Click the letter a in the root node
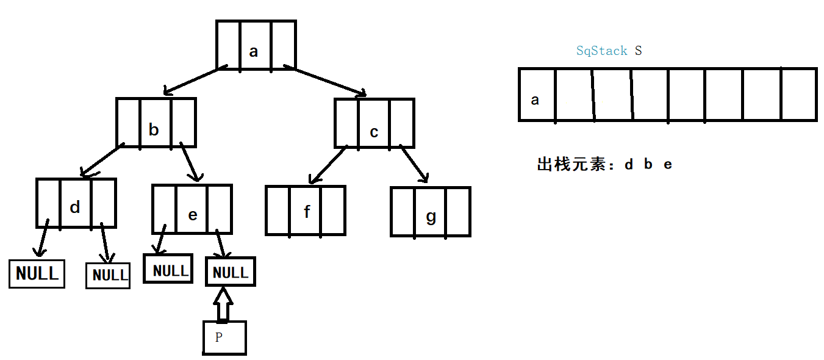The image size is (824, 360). (254, 51)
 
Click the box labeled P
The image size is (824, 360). (224, 337)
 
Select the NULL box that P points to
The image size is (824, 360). (231, 272)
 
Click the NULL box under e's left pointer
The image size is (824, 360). (168, 269)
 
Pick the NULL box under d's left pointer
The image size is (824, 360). (37, 273)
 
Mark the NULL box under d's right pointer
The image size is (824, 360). (108, 275)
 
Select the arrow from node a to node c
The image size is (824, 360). (329, 82)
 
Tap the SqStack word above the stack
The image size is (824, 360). (601, 51)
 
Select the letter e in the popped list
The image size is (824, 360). (668, 165)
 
